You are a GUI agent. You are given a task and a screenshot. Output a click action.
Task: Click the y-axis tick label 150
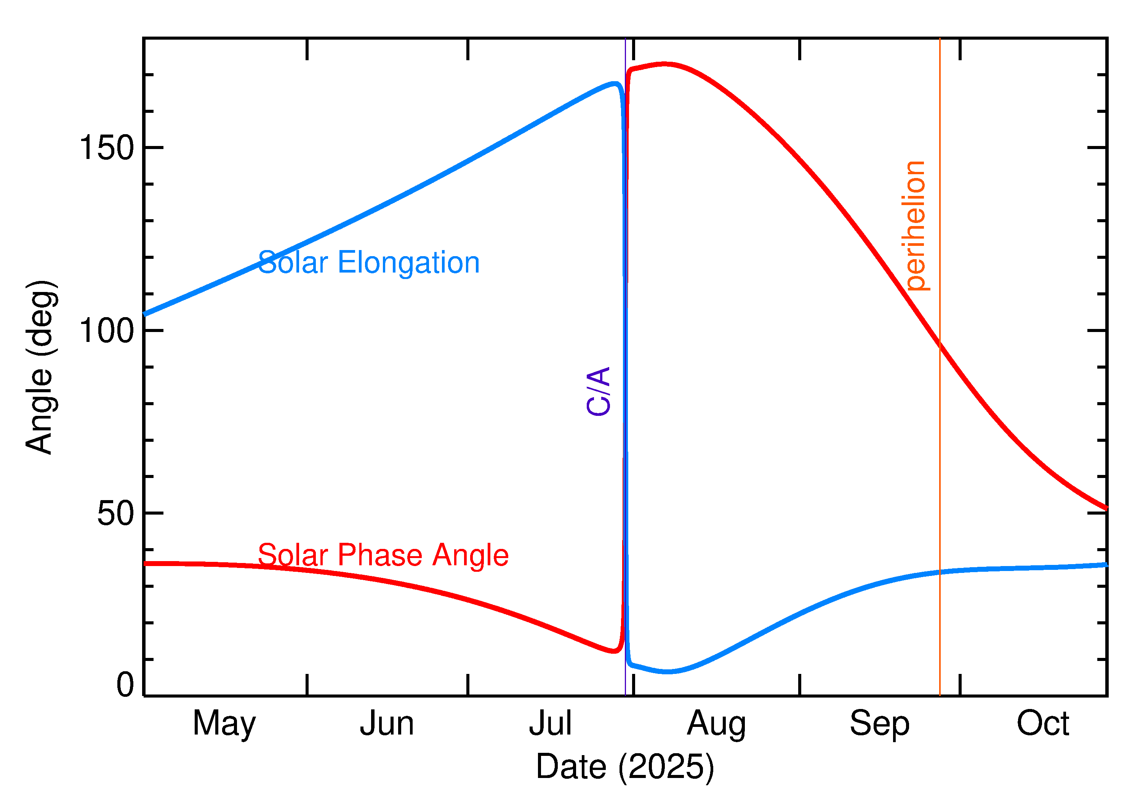(x=107, y=148)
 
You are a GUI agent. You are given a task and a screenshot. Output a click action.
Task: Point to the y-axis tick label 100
(x=107, y=331)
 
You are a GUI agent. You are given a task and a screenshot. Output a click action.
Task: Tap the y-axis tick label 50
(x=116, y=514)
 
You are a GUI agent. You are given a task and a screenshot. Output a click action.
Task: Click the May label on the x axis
(x=224, y=724)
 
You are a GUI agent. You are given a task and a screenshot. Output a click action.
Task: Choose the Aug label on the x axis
(x=716, y=724)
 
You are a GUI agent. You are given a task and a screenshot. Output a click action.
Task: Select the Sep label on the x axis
(x=879, y=724)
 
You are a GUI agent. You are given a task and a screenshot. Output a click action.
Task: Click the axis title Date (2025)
(x=624, y=767)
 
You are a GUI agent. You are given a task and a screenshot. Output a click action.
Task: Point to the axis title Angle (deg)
(x=41, y=367)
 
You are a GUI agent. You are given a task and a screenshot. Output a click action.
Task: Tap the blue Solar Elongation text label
(x=369, y=263)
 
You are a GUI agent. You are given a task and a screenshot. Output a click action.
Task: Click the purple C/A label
(x=599, y=391)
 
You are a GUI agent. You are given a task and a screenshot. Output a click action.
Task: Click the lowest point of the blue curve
(x=668, y=672)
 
